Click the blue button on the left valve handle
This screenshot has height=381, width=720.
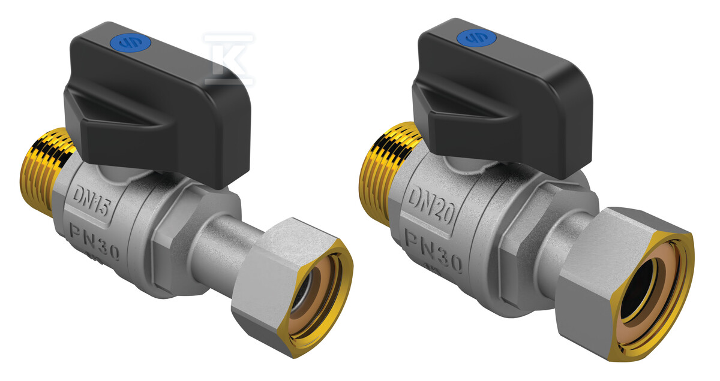pos(134,43)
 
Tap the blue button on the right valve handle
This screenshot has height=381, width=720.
pos(476,38)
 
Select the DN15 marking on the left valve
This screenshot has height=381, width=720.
pos(92,201)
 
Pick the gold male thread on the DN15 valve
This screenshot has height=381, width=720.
pos(48,170)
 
